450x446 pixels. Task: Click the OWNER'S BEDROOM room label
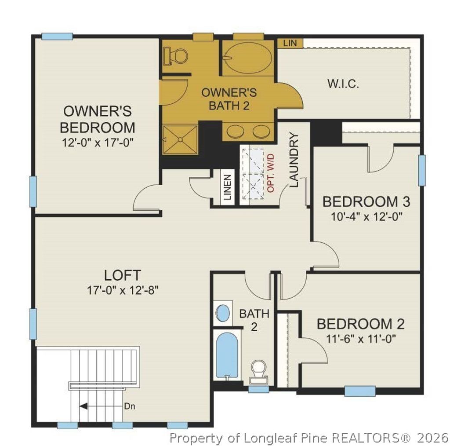97,119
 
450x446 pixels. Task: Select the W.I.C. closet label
343,84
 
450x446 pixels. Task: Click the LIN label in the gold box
290,43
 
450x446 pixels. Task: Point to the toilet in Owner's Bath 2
176,56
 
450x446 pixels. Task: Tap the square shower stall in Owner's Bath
180,139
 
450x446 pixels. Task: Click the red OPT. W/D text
271,172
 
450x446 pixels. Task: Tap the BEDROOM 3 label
366,202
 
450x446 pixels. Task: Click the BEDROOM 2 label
360,324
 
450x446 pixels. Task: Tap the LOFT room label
123,275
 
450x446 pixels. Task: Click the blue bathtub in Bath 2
227,355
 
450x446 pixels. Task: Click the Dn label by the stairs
129,406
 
